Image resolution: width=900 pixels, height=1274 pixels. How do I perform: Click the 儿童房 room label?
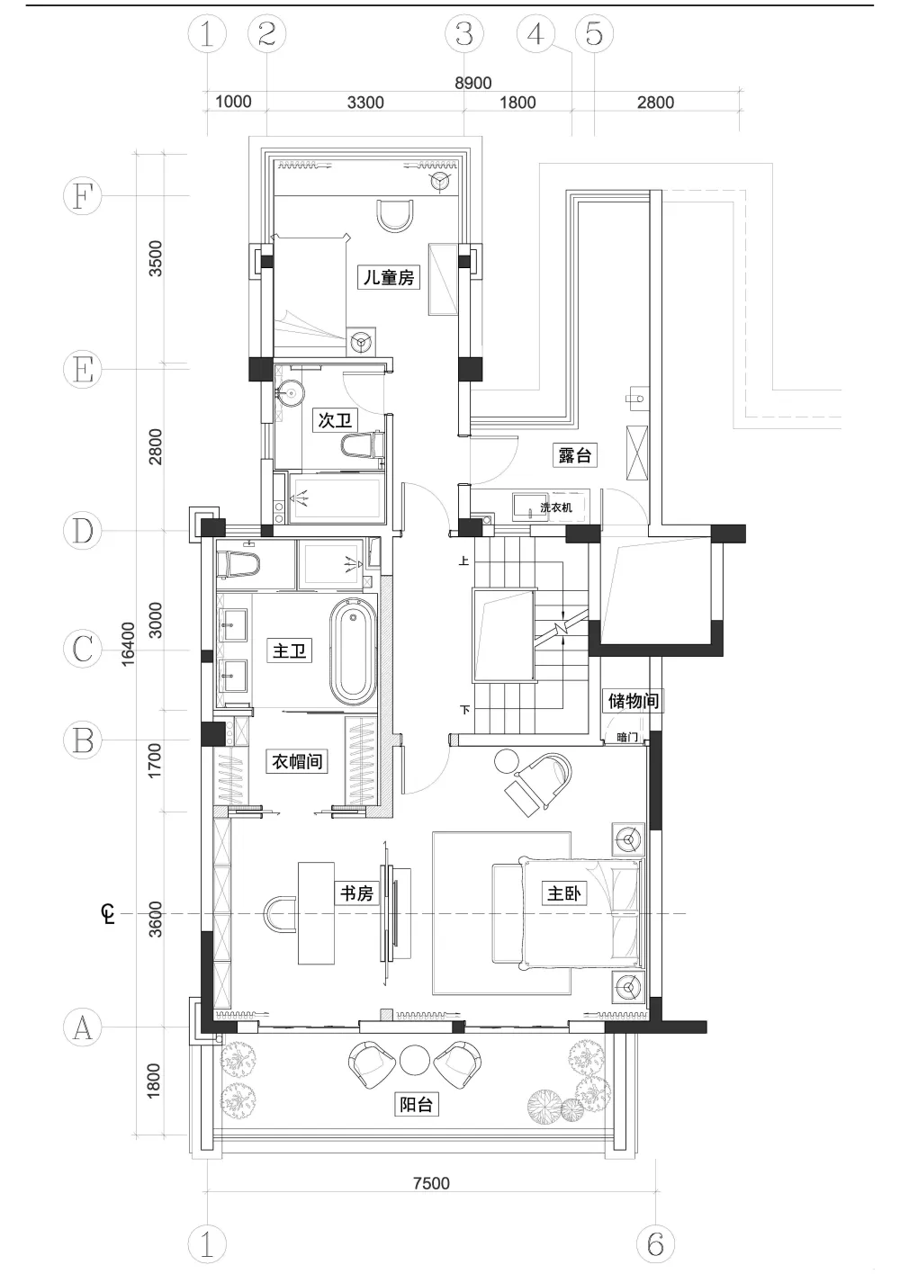(x=389, y=277)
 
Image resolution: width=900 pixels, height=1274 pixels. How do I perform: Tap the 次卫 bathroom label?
(x=335, y=420)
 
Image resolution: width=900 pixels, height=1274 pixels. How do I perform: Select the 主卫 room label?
(x=290, y=650)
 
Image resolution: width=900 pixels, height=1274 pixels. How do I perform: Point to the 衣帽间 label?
(x=297, y=761)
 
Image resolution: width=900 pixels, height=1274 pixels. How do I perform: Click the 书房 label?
(x=356, y=893)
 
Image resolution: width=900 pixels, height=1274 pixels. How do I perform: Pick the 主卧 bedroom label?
(x=563, y=893)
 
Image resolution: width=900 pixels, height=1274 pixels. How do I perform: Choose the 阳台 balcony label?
(x=416, y=1105)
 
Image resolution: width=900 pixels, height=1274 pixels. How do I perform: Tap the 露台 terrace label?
(x=574, y=455)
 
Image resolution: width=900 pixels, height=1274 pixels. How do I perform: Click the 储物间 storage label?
(x=634, y=700)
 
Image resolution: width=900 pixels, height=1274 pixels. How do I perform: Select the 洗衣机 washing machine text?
(x=556, y=507)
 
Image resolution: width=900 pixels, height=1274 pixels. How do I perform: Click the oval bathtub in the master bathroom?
(x=354, y=650)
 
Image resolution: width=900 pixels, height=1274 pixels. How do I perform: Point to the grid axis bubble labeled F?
(x=83, y=195)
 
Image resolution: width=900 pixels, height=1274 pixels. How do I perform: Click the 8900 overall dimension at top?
(x=472, y=83)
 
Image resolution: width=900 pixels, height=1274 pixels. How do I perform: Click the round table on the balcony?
(x=415, y=1059)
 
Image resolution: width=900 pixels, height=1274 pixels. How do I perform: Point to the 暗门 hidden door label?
(x=626, y=738)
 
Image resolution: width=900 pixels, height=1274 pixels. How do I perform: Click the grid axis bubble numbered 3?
(x=464, y=33)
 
